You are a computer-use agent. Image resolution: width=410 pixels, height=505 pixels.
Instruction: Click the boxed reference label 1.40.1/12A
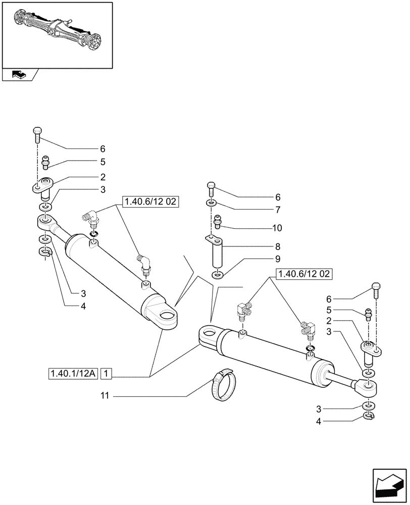(73, 374)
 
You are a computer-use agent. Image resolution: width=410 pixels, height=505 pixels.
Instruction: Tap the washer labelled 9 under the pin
(218, 275)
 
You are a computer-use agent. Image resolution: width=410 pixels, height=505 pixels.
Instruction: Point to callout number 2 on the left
(102, 177)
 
